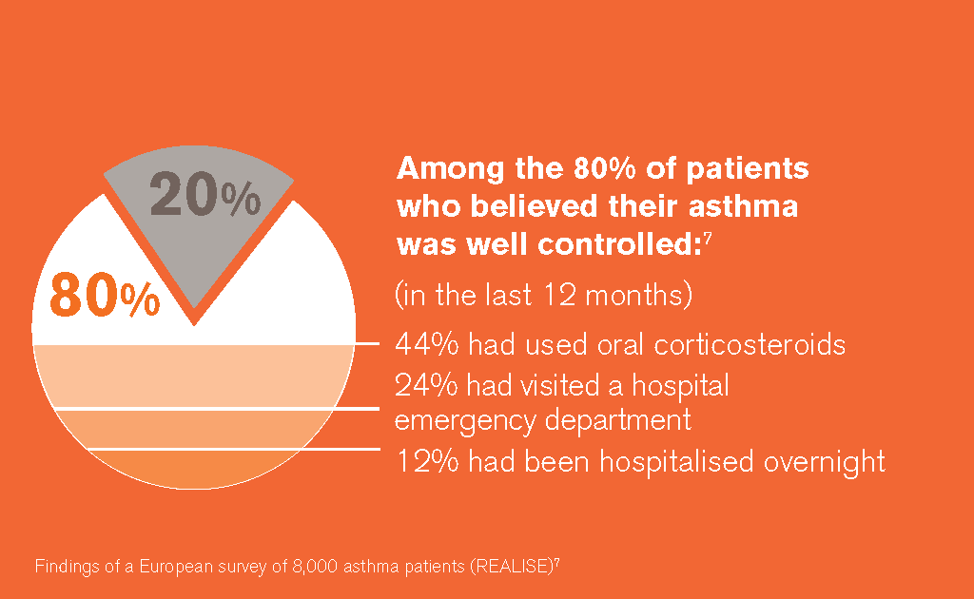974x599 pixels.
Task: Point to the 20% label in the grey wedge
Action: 205,194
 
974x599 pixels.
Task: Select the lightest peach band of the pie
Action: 193,377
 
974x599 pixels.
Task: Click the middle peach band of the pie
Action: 193,429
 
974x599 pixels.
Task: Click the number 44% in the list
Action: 427,344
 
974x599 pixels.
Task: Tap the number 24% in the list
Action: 426,385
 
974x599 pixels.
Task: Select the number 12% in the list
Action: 428,462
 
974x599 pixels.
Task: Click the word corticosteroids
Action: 750,344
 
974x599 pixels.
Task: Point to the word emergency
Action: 464,421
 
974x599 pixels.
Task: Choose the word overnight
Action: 825,463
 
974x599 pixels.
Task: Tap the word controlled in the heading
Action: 619,244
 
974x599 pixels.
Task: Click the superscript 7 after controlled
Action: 708,237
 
